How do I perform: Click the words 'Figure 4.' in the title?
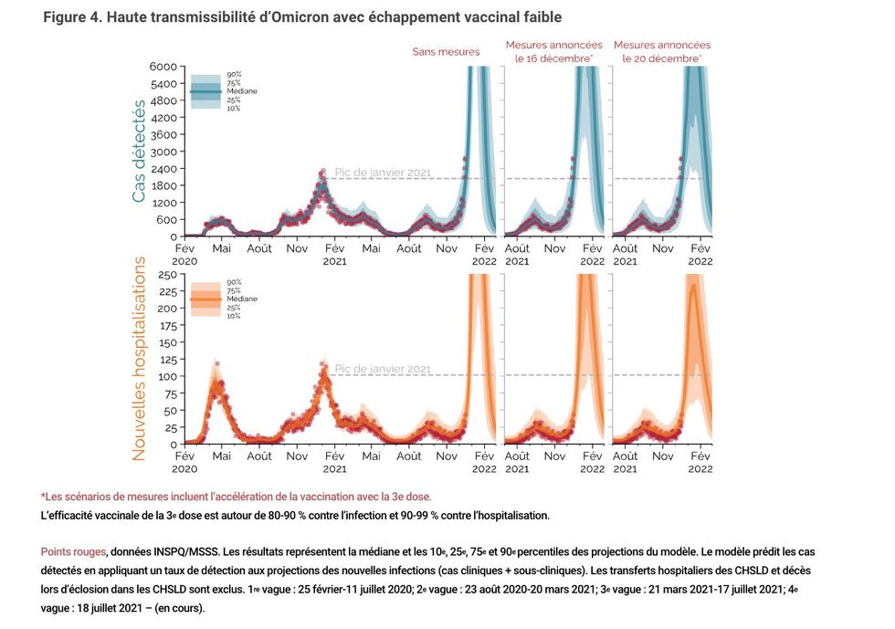74,18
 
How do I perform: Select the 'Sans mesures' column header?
446,52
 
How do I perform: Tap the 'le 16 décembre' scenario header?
553,58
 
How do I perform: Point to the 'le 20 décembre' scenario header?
661,58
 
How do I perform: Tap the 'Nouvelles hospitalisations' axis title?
139,358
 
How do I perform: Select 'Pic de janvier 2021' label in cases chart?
383,172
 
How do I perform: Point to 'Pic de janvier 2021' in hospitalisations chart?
383,369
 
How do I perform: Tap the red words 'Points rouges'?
73,552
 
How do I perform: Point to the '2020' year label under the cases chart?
184,261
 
